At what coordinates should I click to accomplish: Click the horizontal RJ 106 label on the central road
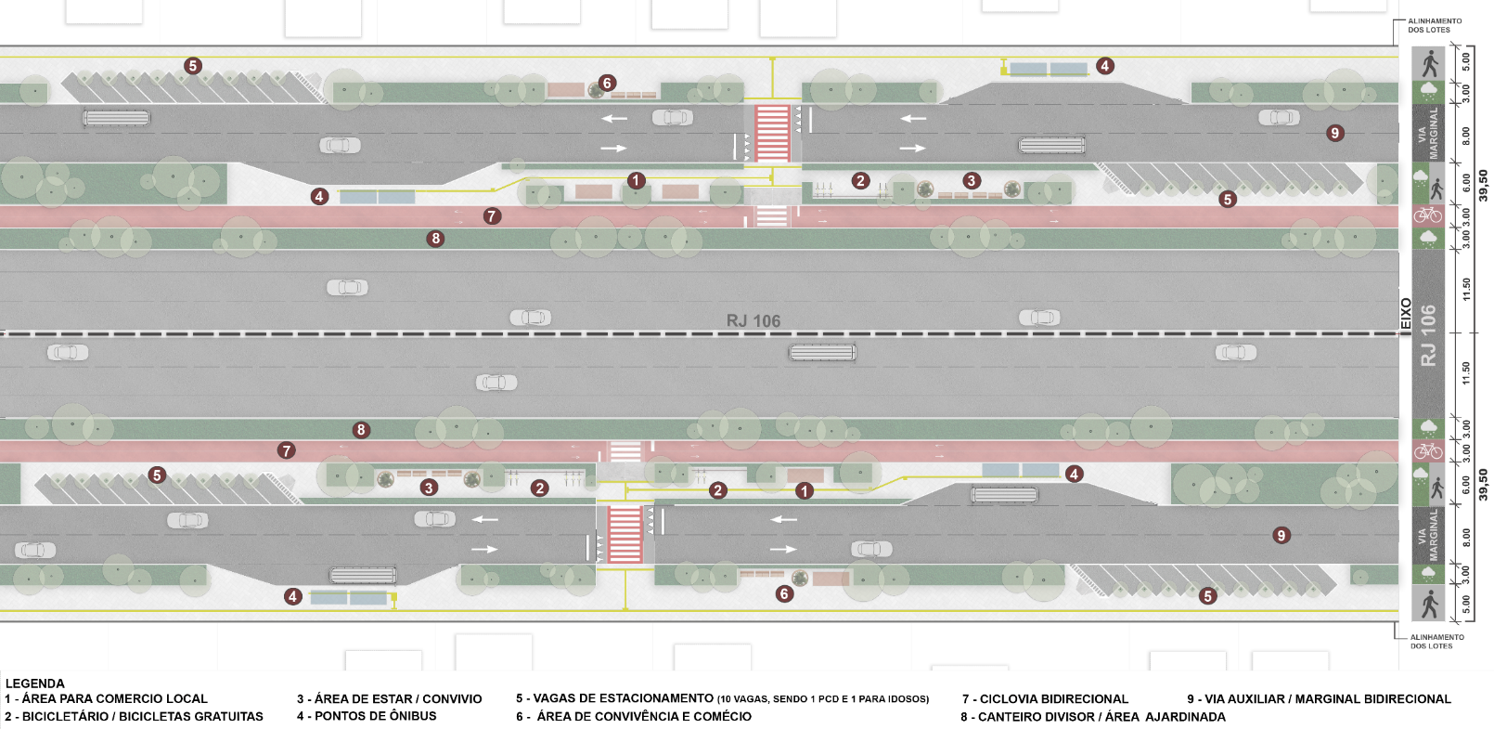(x=753, y=321)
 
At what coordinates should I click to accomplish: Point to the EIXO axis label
(x=1406, y=313)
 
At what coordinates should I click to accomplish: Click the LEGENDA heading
(x=34, y=683)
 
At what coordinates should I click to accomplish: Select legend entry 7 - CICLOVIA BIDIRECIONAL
(x=1045, y=699)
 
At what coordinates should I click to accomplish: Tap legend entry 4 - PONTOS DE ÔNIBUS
(x=367, y=716)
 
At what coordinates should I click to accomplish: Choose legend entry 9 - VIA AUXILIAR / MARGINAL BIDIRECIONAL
(x=1319, y=699)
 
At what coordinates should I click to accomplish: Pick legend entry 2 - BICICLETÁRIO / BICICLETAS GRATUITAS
(x=134, y=716)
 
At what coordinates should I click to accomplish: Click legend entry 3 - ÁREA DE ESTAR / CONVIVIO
(x=389, y=699)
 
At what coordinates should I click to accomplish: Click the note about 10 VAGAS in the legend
(x=823, y=699)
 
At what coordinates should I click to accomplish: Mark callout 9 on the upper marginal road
(x=1334, y=133)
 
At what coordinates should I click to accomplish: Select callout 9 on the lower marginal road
(x=1281, y=536)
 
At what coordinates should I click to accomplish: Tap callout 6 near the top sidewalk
(x=606, y=83)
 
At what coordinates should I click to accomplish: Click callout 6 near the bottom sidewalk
(x=784, y=593)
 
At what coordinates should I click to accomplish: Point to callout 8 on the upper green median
(x=435, y=239)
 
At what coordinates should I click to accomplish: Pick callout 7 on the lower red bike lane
(x=286, y=450)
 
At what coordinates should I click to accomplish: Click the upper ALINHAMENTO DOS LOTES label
(x=1435, y=25)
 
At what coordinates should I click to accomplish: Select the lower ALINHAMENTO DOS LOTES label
(x=1436, y=642)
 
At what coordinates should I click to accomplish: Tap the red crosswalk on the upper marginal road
(x=772, y=133)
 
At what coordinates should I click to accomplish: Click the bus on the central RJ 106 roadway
(x=822, y=352)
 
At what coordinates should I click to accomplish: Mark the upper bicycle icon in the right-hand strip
(x=1427, y=215)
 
